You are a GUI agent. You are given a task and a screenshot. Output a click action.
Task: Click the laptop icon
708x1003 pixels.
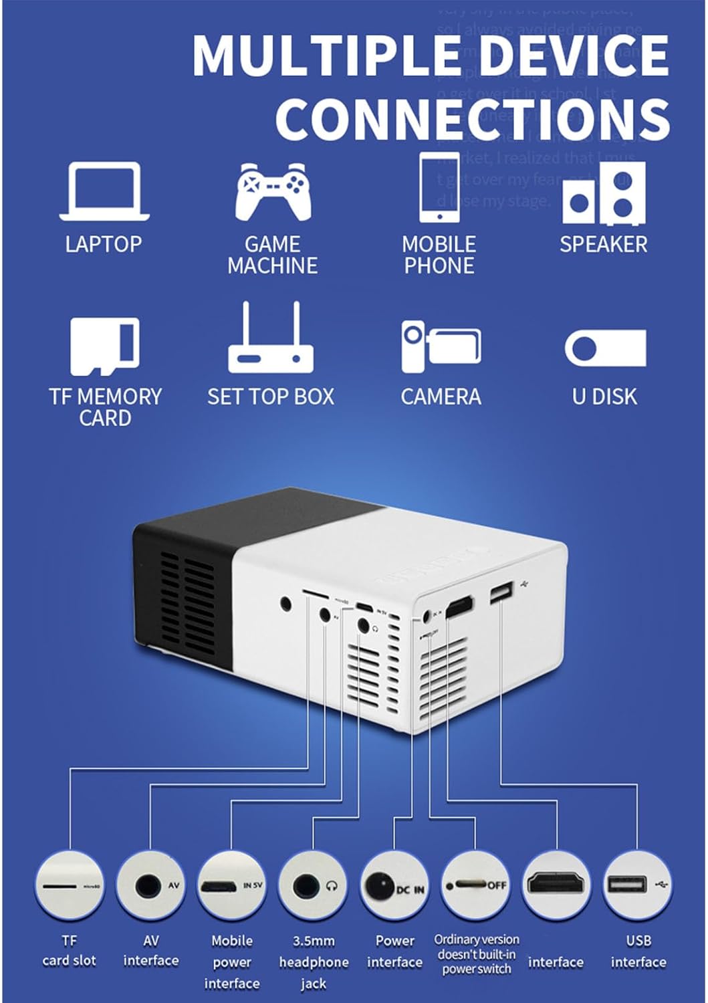[104, 191]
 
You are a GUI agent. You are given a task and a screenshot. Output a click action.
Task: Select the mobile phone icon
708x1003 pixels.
[439, 187]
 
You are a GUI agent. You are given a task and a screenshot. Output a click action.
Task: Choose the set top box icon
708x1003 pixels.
[271, 339]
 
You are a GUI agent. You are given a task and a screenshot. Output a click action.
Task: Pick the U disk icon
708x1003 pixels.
[605, 348]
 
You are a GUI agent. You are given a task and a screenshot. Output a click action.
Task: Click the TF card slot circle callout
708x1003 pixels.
[70, 885]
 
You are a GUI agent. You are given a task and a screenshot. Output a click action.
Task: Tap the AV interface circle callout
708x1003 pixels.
[151, 885]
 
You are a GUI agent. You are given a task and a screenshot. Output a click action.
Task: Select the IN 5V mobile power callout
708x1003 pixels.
[232, 885]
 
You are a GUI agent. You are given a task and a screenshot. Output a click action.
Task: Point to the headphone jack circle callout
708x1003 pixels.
[314, 885]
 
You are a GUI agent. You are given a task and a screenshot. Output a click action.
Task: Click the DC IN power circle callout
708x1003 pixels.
[394, 885]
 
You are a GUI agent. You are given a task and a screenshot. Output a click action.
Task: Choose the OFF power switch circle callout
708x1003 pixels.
[475, 885]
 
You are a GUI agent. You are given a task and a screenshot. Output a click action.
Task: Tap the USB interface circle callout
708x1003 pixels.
[638, 885]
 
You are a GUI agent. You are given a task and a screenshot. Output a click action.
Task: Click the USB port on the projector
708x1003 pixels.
[501, 592]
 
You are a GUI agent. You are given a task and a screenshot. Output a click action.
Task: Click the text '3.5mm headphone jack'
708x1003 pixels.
[314, 962]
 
